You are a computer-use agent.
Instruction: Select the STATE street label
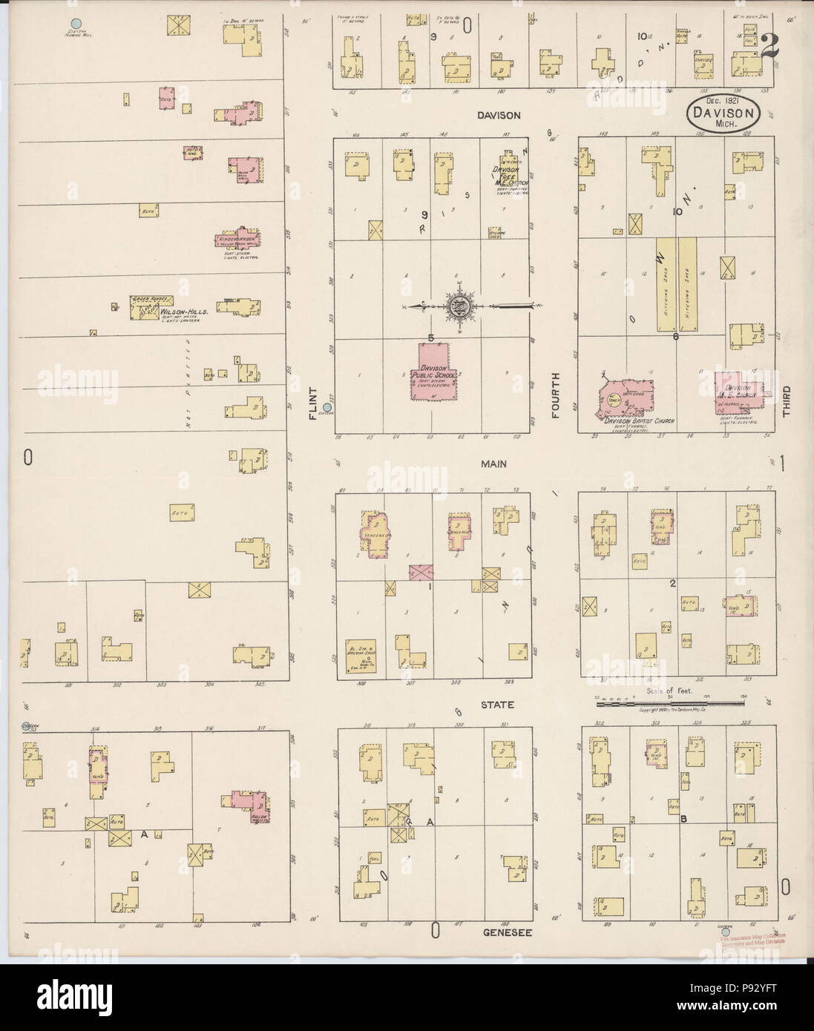(x=496, y=703)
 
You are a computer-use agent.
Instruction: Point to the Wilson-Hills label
(x=183, y=313)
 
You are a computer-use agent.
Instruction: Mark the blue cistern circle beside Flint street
(x=327, y=407)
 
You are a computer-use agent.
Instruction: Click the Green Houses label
(x=146, y=300)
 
